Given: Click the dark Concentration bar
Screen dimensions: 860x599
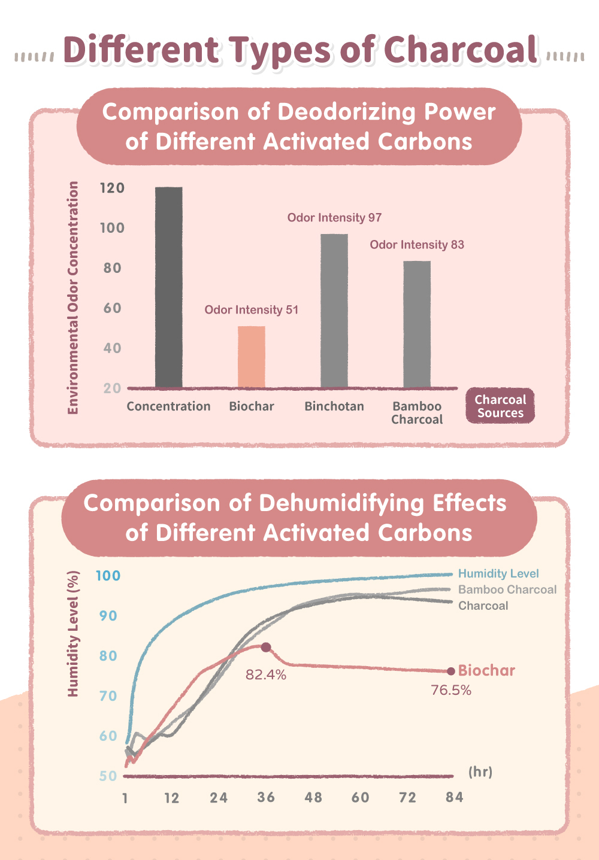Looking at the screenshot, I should (x=169, y=287).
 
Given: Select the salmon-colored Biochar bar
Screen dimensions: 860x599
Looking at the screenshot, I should (x=252, y=357).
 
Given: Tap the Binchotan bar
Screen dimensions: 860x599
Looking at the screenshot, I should (x=334, y=311).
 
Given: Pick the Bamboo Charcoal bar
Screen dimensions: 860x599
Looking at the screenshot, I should (x=417, y=324).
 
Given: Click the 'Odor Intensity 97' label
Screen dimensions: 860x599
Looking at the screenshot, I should (x=334, y=218).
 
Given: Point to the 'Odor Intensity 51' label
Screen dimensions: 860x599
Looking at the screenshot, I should (x=252, y=310).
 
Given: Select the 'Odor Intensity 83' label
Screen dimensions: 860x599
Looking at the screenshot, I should (x=417, y=245).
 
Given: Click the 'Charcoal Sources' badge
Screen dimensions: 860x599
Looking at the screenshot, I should (x=500, y=406).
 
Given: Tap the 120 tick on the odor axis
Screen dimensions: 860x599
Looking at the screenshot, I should (x=113, y=188).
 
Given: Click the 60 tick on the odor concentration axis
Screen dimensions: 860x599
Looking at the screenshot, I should (x=113, y=308).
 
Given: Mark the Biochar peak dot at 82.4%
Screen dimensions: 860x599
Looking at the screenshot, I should (x=266, y=648).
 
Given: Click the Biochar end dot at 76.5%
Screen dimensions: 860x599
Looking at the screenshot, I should (x=451, y=671).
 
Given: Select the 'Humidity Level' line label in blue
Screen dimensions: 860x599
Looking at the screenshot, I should (x=498, y=573).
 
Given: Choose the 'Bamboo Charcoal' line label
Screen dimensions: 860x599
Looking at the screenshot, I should (x=507, y=589).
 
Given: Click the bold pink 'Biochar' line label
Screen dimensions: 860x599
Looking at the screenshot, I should (x=486, y=670).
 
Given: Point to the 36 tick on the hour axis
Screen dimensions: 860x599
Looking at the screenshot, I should (x=266, y=798).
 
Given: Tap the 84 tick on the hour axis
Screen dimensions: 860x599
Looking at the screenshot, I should (x=455, y=798).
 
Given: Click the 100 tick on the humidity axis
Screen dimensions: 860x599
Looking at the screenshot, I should (x=108, y=576).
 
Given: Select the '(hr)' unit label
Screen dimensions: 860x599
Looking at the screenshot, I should (x=480, y=772).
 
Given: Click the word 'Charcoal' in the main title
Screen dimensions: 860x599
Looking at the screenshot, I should (x=460, y=50).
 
